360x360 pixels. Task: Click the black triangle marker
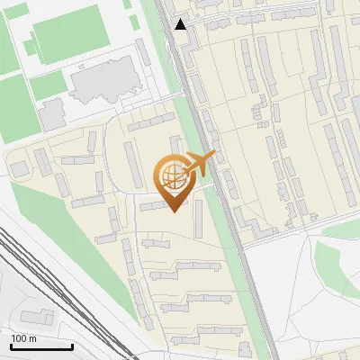(182, 24)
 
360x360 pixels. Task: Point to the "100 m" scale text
(23, 338)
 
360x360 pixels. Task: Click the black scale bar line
(41, 346)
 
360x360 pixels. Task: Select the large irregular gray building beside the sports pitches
(106, 84)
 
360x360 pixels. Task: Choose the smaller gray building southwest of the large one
(51, 112)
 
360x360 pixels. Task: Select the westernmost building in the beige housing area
(19, 167)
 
